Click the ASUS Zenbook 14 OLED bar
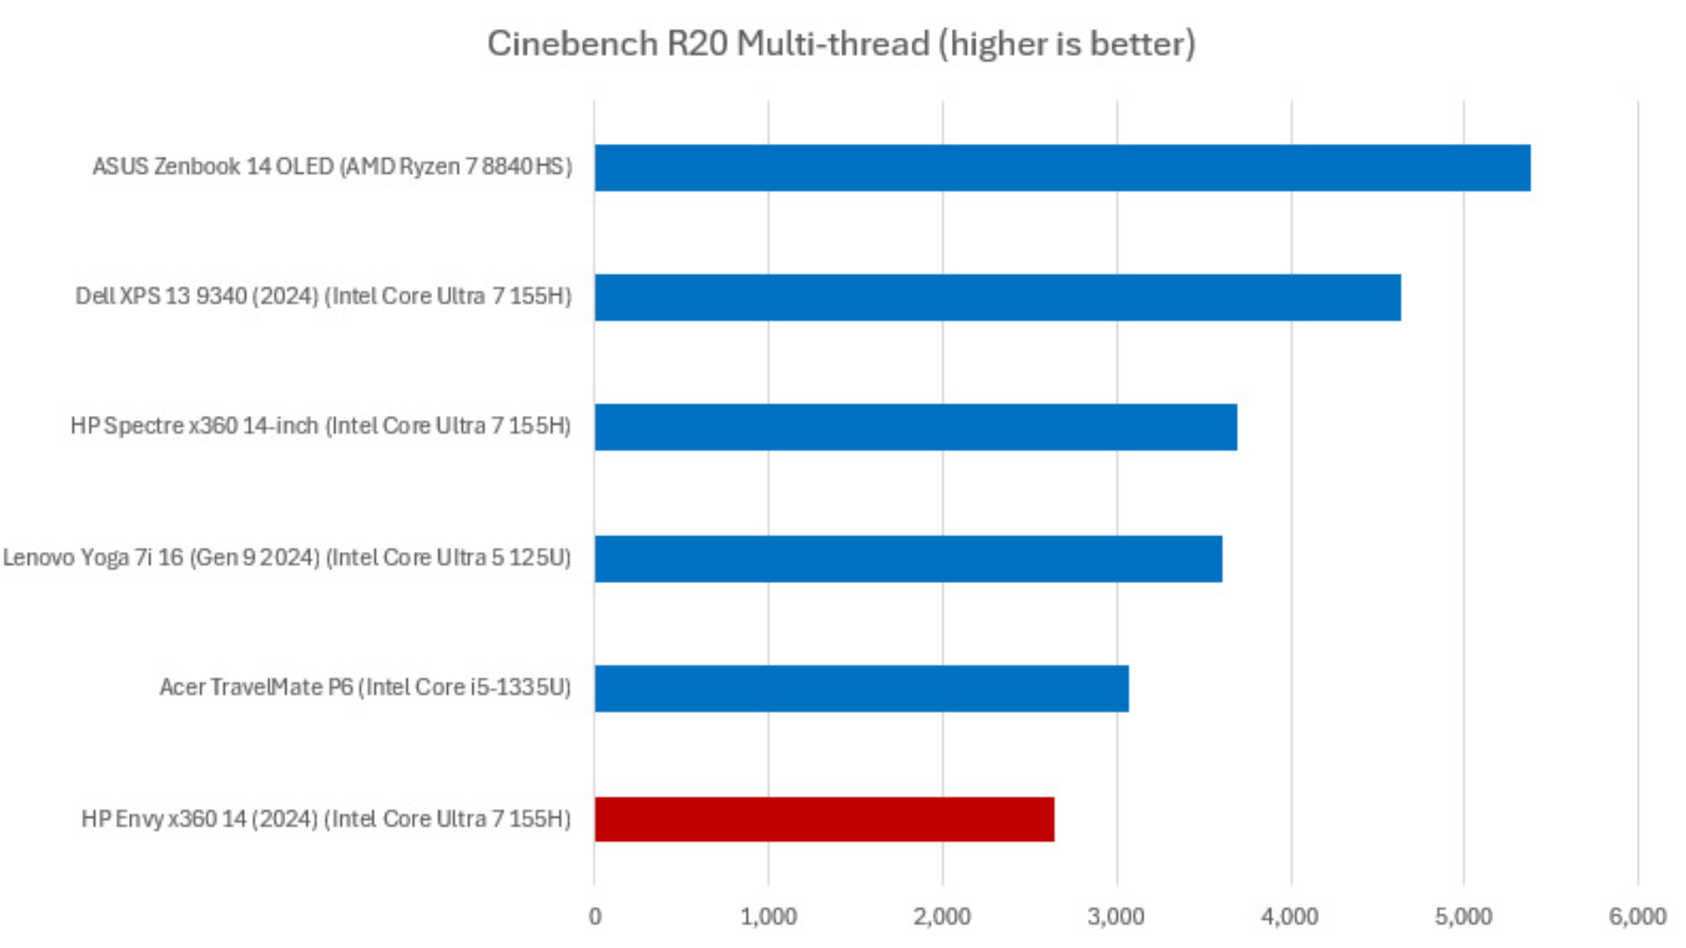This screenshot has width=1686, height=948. (x=1063, y=168)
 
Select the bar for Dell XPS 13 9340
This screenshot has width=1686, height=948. (x=998, y=298)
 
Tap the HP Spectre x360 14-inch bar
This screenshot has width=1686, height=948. (x=916, y=427)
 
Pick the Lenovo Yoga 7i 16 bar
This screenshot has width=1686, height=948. (x=908, y=558)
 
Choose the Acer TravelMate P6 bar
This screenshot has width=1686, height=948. (x=861, y=688)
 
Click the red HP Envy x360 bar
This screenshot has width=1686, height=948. (x=825, y=819)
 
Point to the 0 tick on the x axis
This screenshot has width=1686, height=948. (x=595, y=916)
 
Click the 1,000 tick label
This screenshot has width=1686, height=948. (x=768, y=916)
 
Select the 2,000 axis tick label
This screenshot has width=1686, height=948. (x=942, y=916)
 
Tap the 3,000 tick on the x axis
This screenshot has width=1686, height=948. (x=1116, y=916)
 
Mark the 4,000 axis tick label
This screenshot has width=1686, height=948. (x=1290, y=916)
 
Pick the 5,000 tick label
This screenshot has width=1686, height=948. (x=1464, y=916)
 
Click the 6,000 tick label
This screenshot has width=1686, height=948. (x=1638, y=916)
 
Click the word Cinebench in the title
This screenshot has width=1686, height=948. (x=573, y=44)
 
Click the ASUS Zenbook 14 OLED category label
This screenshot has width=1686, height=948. (x=332, y=167)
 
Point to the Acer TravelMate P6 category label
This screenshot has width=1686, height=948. (x=365, y=687)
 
